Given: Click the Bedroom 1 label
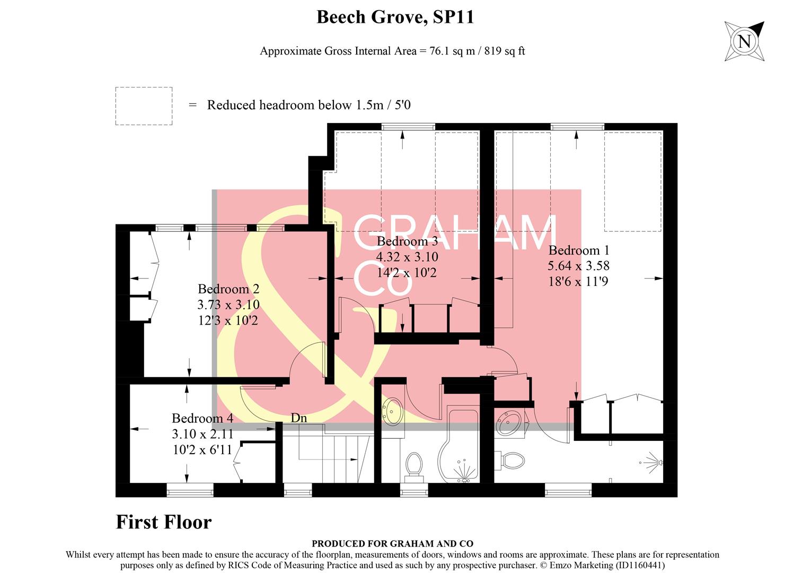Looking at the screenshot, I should point(579,250).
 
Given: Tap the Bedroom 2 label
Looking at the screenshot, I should point(228,289).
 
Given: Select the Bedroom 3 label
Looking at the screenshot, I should point(407,241).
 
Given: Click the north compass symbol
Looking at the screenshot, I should point(745,41).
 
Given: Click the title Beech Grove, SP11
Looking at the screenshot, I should point(395,17).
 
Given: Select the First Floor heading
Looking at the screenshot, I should point(164,522).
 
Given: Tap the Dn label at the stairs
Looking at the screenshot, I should point(299,418).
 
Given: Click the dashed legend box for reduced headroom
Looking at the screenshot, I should point(144,106).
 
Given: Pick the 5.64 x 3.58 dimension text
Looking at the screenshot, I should point(579,266).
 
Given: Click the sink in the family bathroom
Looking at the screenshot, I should point(392,411).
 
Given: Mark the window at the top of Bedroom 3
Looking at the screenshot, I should point(408,127).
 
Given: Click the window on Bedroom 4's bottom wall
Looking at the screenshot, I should point(190,491).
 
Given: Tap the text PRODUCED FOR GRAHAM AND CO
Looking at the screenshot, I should point(392,543).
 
